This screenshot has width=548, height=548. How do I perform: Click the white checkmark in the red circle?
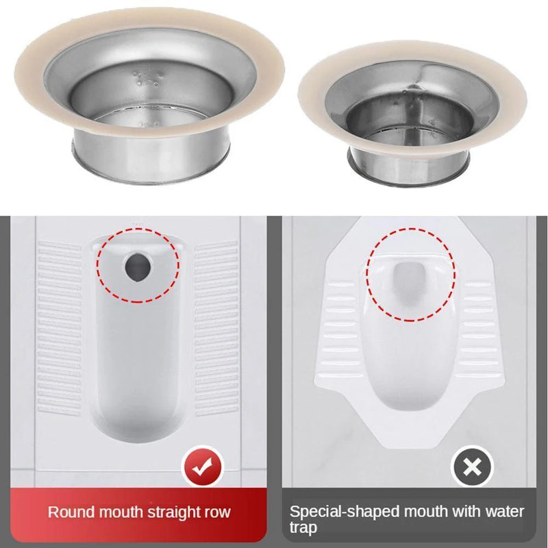pos(201,469)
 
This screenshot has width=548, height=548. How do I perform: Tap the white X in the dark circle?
pos(471,469)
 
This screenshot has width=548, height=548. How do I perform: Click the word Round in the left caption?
pos(71,512)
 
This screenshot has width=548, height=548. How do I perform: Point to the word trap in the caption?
pos(303,528)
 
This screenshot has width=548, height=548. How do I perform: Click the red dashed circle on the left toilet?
pos(98,267)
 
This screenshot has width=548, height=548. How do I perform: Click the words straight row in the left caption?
pos(195,512)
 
